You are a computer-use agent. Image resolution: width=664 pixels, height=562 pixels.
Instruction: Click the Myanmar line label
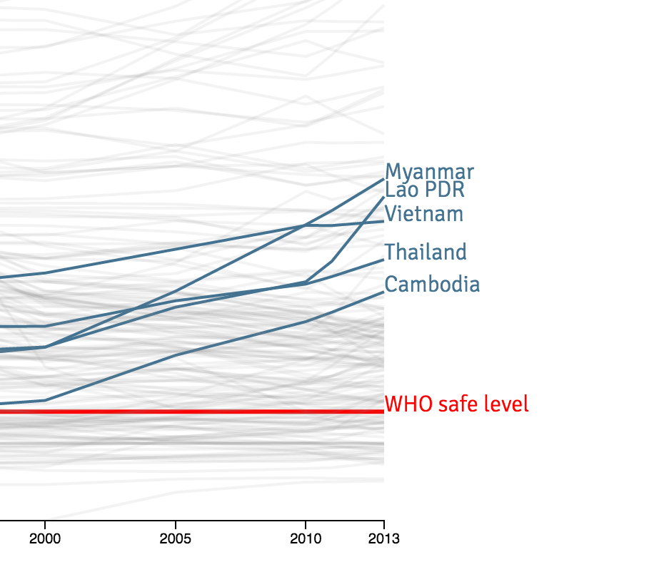point(429,172)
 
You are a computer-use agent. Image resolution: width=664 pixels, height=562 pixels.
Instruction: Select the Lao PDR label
point(425,190)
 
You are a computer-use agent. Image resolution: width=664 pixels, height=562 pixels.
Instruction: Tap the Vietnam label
point(424,213)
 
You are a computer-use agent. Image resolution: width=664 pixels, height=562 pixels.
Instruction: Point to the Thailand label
point(426,252)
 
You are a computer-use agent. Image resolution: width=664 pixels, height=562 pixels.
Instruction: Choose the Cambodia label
point(432,285)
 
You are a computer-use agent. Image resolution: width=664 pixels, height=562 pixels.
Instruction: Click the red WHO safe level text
point(457,404)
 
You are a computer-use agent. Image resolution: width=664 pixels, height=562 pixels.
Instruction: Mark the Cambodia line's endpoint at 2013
point(383,292)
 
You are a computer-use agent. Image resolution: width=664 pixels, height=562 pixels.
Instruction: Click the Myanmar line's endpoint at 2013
point(383,178)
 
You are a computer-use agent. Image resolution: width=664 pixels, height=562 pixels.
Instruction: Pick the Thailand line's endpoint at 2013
point(383,260)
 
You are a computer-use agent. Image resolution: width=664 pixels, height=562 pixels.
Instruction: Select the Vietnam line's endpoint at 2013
point(383,221)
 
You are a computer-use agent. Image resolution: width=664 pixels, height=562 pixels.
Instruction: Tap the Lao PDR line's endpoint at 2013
point(383,197)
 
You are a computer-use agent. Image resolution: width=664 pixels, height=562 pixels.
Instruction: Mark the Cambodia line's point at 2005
point(176,355)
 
